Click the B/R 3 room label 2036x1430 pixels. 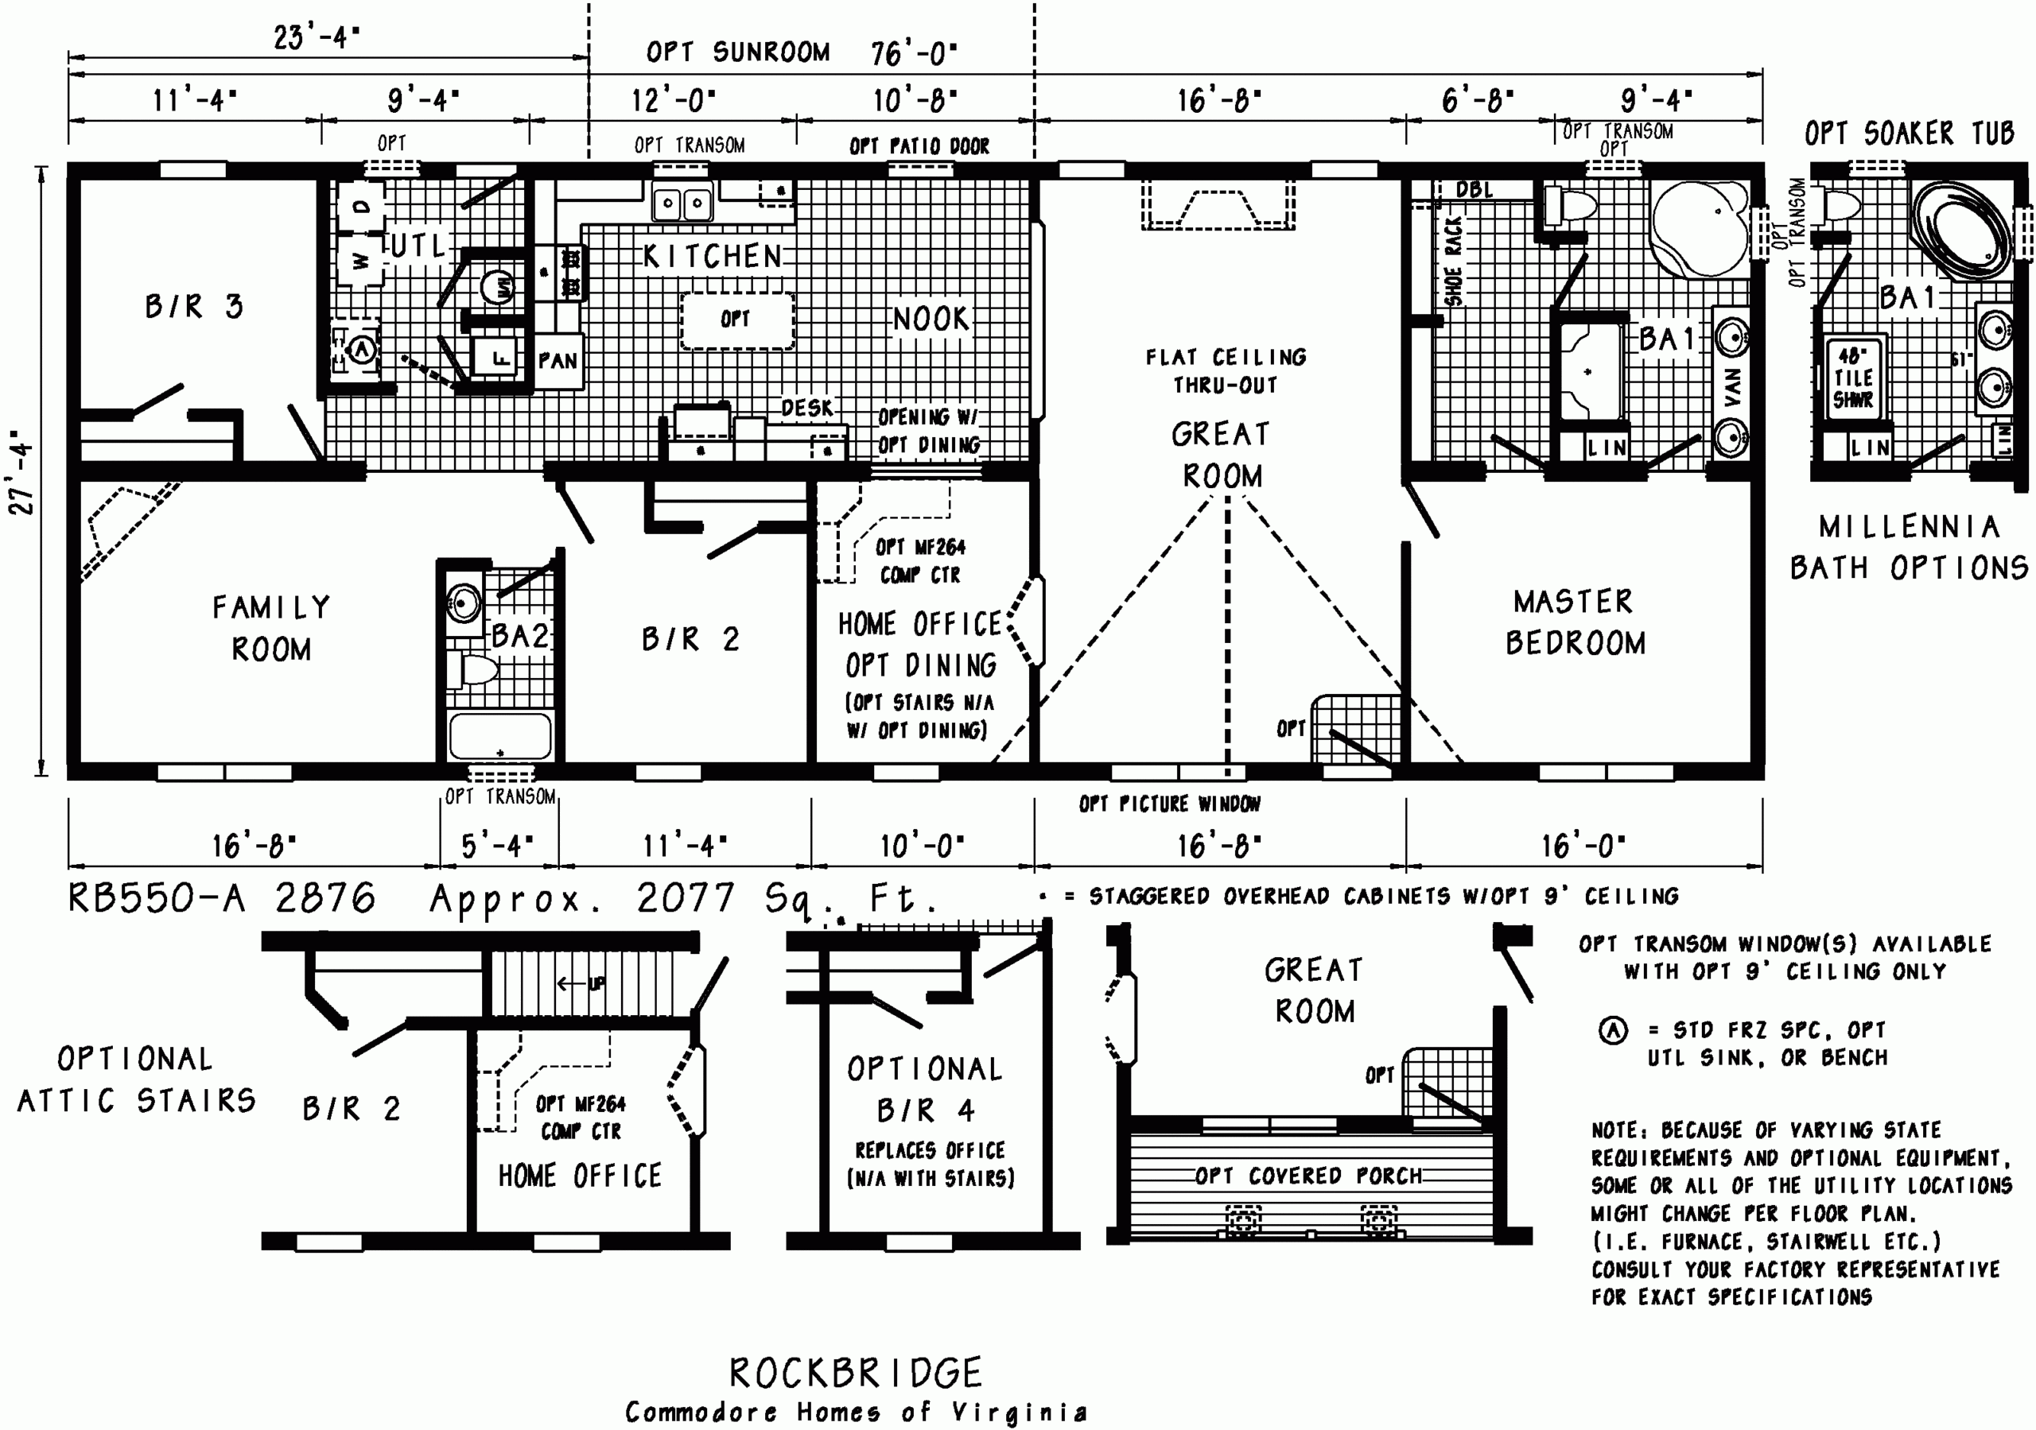(193, 307)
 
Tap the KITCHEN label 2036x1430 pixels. (712, 257)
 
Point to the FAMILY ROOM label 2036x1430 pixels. (271, 628)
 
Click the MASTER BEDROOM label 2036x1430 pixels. (1575, 622)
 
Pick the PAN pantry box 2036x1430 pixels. (558, 361)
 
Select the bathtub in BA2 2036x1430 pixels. (499, 735)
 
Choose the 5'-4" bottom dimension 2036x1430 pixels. (498, 846)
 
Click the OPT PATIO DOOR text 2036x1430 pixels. (919, 146)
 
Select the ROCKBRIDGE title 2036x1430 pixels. (856, 1373)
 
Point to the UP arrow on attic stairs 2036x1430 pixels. (581, 983)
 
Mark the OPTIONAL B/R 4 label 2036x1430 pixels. (924, 1090)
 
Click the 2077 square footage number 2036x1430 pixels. (685, 898)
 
